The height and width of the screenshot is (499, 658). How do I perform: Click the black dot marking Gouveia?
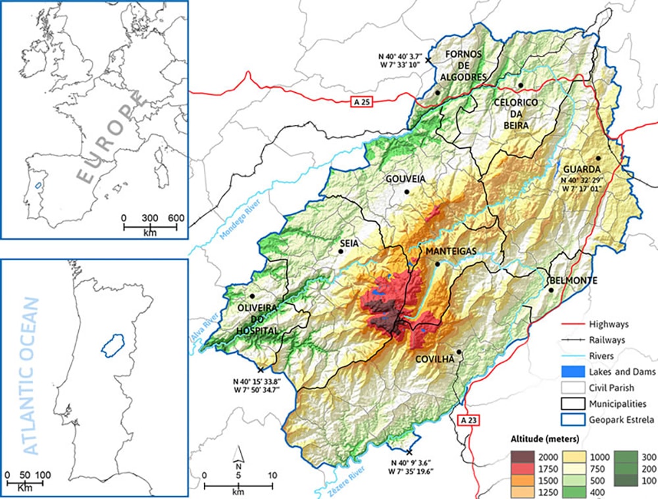407,192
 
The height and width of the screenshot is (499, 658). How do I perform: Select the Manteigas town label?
438,252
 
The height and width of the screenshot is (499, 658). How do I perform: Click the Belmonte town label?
572,280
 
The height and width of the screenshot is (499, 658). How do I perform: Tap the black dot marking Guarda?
598,158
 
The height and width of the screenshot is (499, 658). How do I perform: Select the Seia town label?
349,243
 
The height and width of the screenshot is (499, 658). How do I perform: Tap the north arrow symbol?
240,453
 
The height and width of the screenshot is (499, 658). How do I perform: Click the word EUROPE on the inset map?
110,138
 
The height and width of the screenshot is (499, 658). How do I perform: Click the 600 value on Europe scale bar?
176,218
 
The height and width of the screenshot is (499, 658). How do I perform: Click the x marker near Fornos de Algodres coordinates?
428,60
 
